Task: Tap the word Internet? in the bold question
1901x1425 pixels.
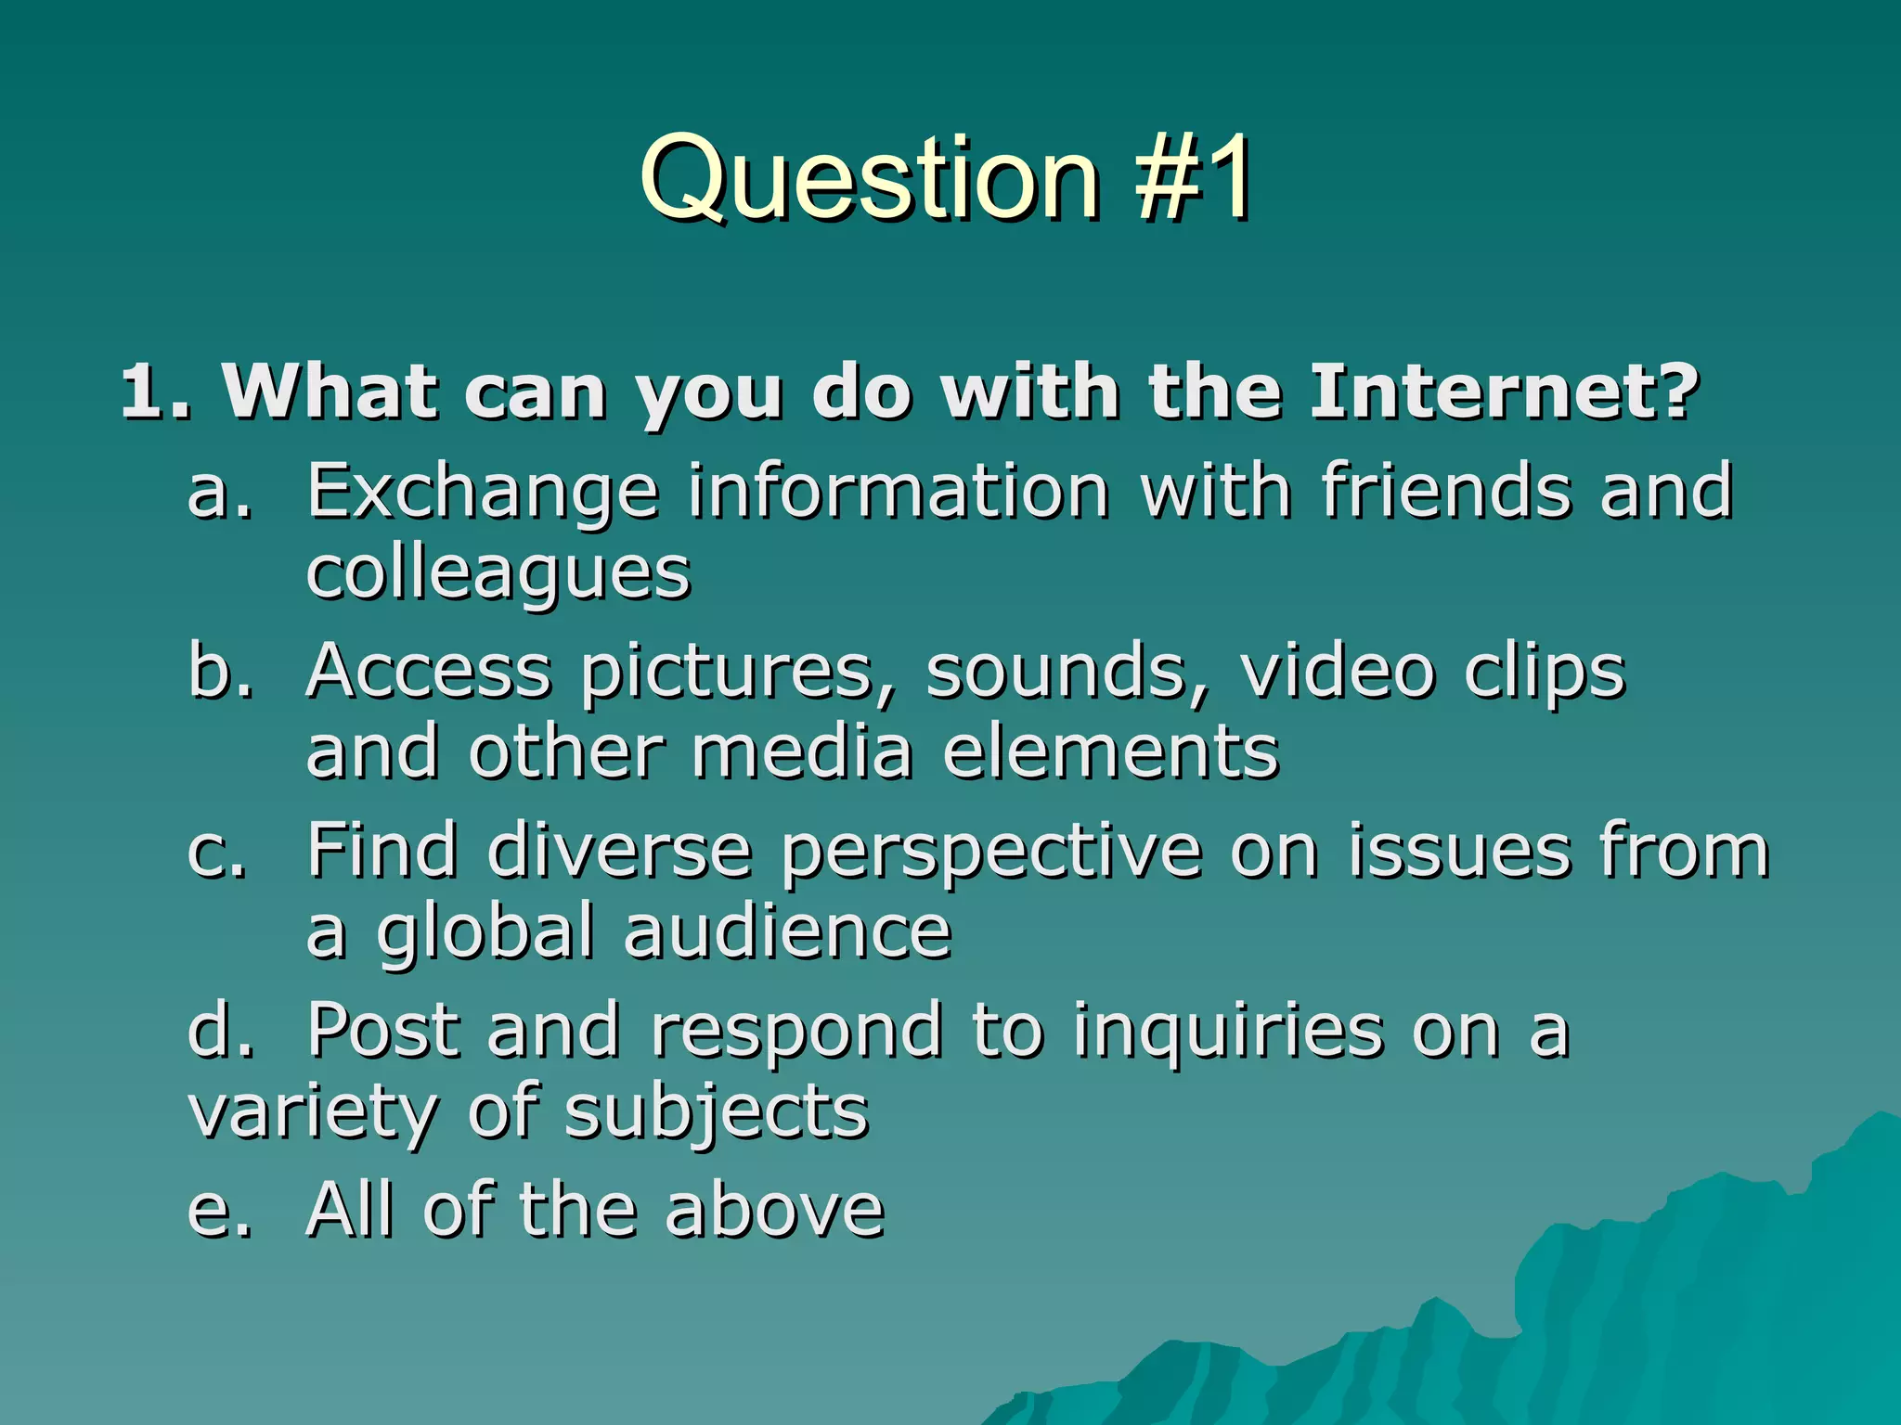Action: point(1504,392)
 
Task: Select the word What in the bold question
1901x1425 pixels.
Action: point(330,392)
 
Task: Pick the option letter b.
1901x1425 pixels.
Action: point(220,670)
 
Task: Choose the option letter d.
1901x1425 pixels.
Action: point(220,1030)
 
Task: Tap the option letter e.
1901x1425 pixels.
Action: point(219,1212)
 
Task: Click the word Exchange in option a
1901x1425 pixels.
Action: point(483,492)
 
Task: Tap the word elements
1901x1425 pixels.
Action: point(1110,751)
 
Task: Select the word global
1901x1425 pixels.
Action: point(485,932)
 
